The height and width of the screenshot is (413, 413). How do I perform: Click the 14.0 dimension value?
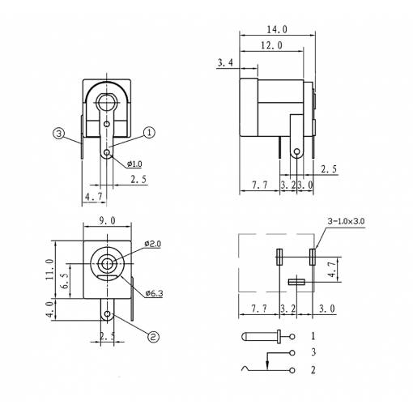click(x=277, y=29)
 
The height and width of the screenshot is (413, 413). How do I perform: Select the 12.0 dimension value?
click(x=272, y=45)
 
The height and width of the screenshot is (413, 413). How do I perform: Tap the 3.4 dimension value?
click(x=225, y=63)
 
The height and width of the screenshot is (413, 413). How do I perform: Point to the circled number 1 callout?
click(x=149, y=133)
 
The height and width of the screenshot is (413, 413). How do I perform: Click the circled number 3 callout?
click(x=58, y=134)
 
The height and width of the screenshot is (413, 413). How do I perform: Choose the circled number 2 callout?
click(x=153, y=337)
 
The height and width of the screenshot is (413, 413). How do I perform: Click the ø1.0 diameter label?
click(x=134, y=164)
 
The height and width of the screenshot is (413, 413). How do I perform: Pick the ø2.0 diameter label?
click(x=152, y=244)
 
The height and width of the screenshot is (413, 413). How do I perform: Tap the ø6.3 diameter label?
click(x=154, y=293)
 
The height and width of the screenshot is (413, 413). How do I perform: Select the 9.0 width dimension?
click(x=107, y=221)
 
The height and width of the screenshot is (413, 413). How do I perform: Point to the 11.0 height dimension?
click(x=50, y=269)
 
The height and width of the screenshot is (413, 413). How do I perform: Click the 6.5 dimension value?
click(x=66, y=281)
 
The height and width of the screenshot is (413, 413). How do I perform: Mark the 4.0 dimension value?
click(x=50, y=310)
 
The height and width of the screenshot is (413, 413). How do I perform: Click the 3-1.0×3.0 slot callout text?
click(x=346, y=221)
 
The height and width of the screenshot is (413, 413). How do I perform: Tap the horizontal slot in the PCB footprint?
click(x=296, y=282)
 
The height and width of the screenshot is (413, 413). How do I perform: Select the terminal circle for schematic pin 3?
click(x=292, y=353)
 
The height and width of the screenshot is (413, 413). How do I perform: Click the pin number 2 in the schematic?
click(x=313, y=370)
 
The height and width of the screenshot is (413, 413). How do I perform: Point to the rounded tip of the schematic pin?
click(x=243, y=337)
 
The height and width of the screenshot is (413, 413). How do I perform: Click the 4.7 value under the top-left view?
click(x=94, y=197)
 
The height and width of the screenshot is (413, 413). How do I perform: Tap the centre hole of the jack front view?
click(x=107, y=263)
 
